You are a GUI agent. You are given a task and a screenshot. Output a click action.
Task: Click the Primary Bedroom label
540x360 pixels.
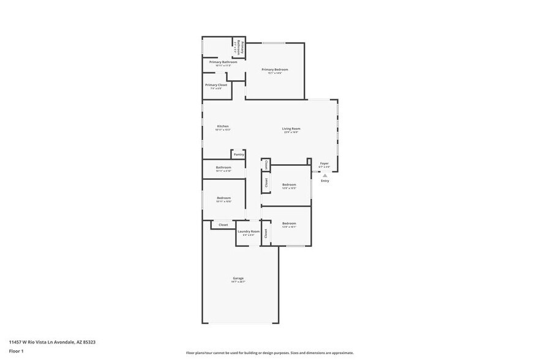click(x=275, y=69)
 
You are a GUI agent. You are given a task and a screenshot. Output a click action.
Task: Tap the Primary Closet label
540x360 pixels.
click(x=216, y=84)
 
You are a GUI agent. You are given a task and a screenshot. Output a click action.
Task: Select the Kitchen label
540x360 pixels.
click(x=222, y=126)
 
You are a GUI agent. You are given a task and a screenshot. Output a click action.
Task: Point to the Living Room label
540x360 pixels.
click(x=291, y=129)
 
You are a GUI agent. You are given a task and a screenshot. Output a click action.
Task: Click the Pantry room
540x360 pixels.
click(x=239, y=154)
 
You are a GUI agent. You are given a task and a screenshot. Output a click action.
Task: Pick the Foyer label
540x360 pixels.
click(x=324, y=163)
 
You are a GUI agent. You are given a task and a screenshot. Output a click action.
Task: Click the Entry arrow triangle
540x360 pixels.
click(x=325, y=175)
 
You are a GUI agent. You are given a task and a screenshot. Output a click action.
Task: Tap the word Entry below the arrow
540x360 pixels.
click(x=325, y=181)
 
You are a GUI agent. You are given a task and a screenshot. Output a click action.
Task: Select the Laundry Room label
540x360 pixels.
click(x=249, y=231)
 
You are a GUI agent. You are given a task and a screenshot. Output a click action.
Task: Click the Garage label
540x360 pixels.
click(x=238, y=278)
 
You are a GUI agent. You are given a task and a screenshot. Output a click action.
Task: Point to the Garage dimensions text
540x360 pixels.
click(x=238, y=282)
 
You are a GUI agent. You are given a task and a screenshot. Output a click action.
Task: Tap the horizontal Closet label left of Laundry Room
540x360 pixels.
click(x=223, y=225)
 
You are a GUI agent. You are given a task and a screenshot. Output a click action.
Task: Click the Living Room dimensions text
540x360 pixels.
click(x=291, y=132)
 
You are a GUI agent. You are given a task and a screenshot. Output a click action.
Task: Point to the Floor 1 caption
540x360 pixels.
click(x=17, y=351)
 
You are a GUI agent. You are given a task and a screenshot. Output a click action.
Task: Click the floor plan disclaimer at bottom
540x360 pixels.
click(x=269, y=353)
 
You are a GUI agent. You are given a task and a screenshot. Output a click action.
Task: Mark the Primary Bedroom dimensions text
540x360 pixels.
click(x=275, y=73)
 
